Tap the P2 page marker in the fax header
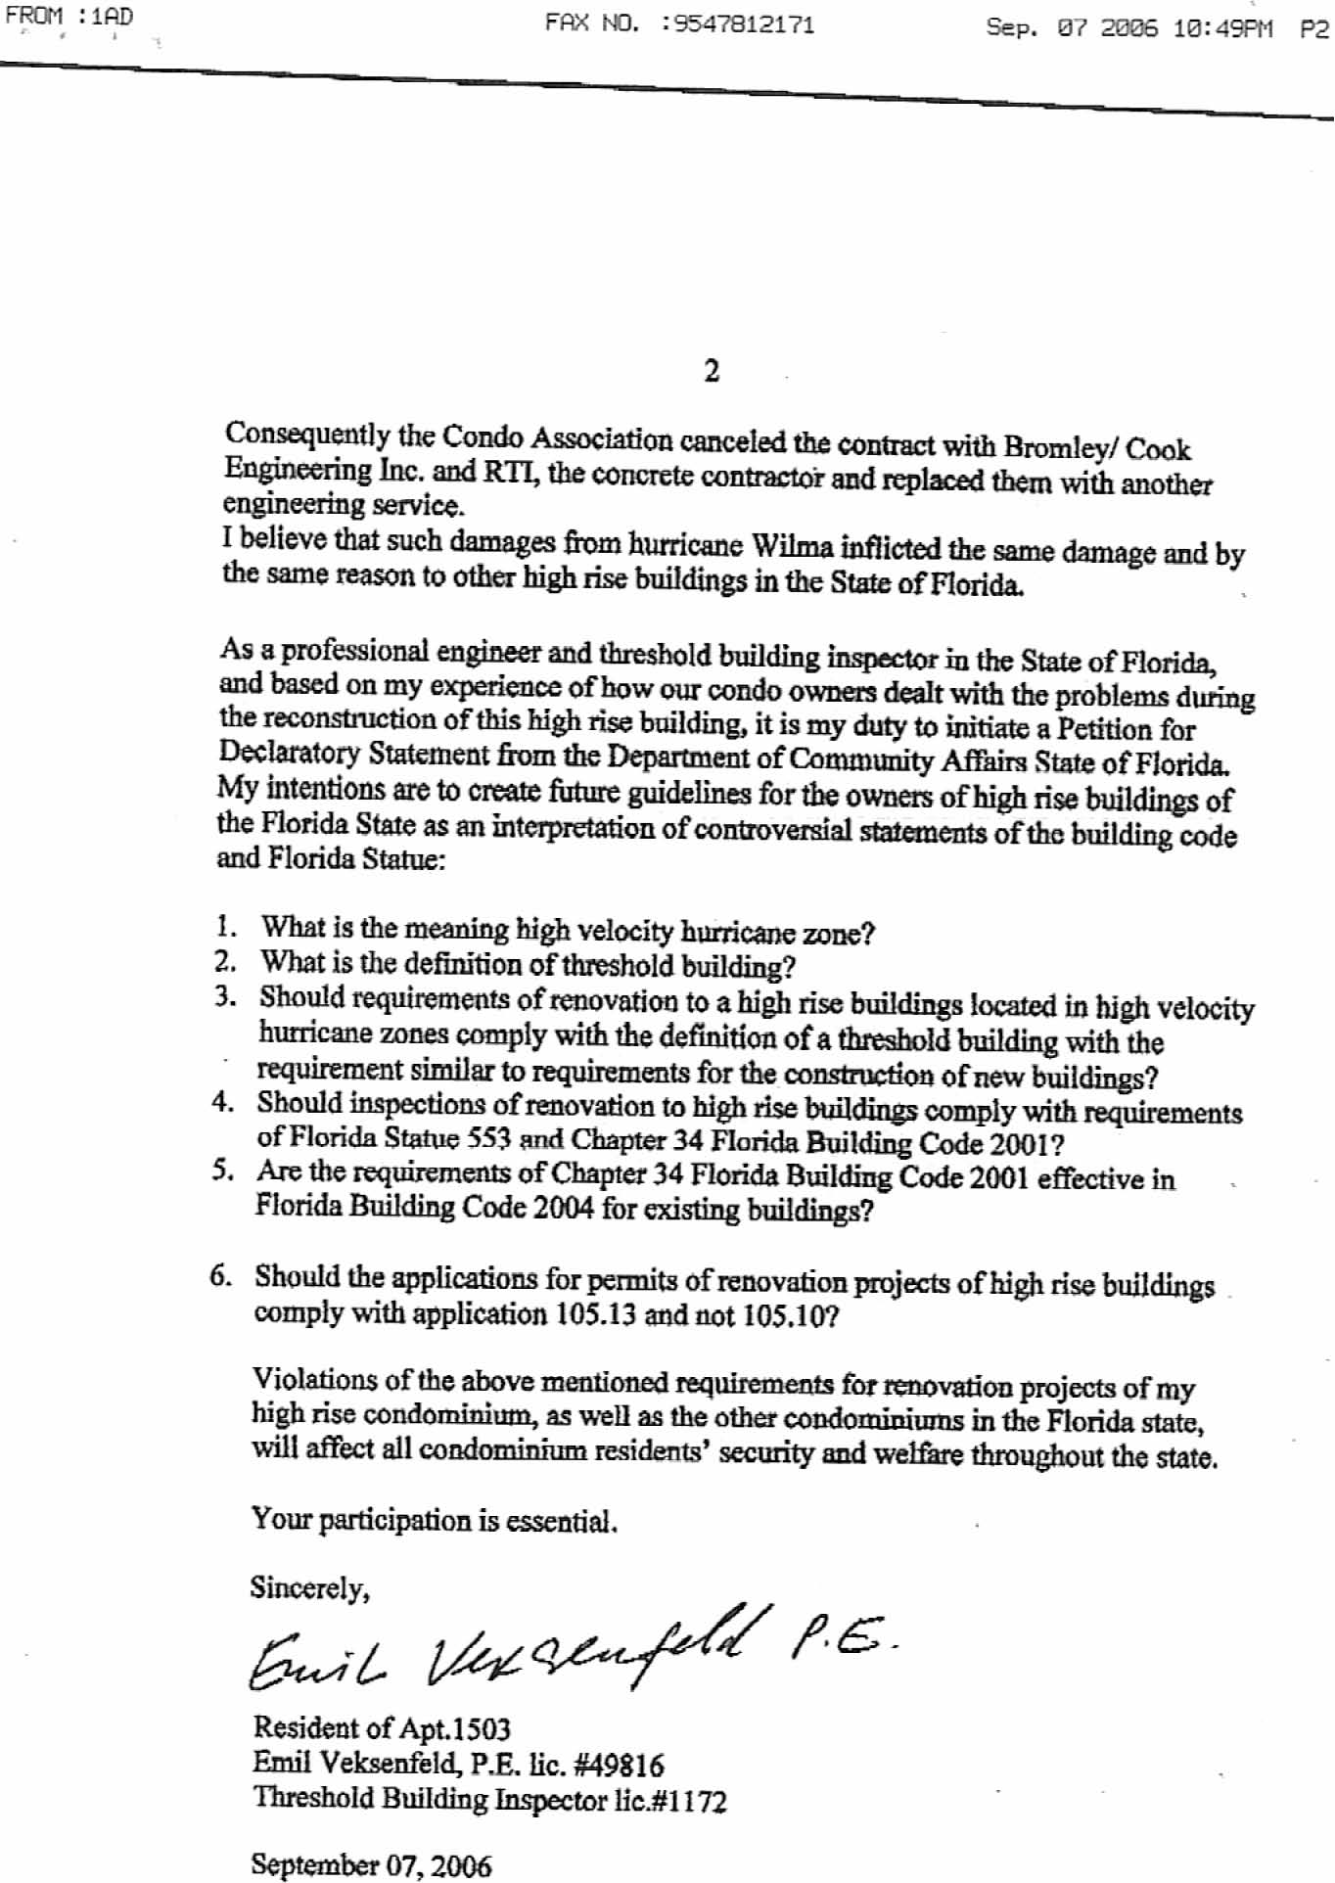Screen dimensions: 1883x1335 pos(1313,29)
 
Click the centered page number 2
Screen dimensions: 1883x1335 pos(712,372)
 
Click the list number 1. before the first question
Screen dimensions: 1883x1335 pos(226,925)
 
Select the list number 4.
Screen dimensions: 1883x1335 pos(222,1102)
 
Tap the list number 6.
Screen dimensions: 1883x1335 pos(220,1275)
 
